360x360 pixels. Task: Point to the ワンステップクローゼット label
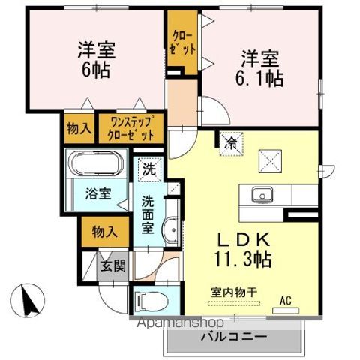pos(132,128)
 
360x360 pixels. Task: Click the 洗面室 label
pos(148,214)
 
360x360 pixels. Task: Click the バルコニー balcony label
pos(233,337)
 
